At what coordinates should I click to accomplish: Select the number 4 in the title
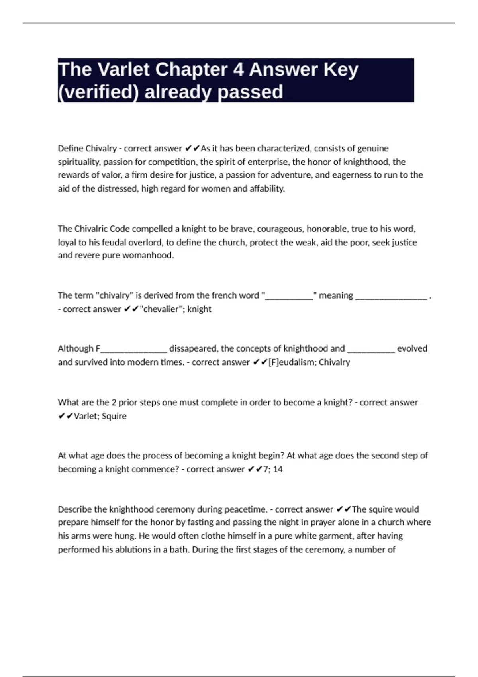pos(238,70)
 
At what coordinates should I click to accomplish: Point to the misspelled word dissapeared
pos(194,349)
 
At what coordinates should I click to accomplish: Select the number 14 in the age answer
pos(278,469)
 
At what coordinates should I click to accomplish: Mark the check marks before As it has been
pos(192,149)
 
